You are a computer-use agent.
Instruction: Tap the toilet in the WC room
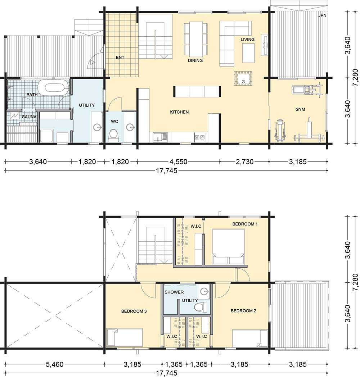[113, 136]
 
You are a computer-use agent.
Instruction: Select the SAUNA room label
[30, 117]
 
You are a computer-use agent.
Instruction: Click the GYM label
[300, 109]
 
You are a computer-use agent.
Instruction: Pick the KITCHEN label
[179, 112]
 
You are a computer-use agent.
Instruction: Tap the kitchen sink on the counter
[160, 137]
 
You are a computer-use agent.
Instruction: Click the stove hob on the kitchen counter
[200, 137]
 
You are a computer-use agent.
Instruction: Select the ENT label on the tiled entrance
[120, 58]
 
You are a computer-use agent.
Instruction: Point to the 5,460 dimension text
[54, 364]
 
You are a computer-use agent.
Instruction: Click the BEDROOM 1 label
[245, 224]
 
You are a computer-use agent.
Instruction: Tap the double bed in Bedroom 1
[228, 247]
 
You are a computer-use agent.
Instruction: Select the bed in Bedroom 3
[125, 337]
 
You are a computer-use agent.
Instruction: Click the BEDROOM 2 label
[243, 311]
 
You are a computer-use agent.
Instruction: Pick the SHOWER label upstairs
[174, 292]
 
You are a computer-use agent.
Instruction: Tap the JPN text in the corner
[322, 15]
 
